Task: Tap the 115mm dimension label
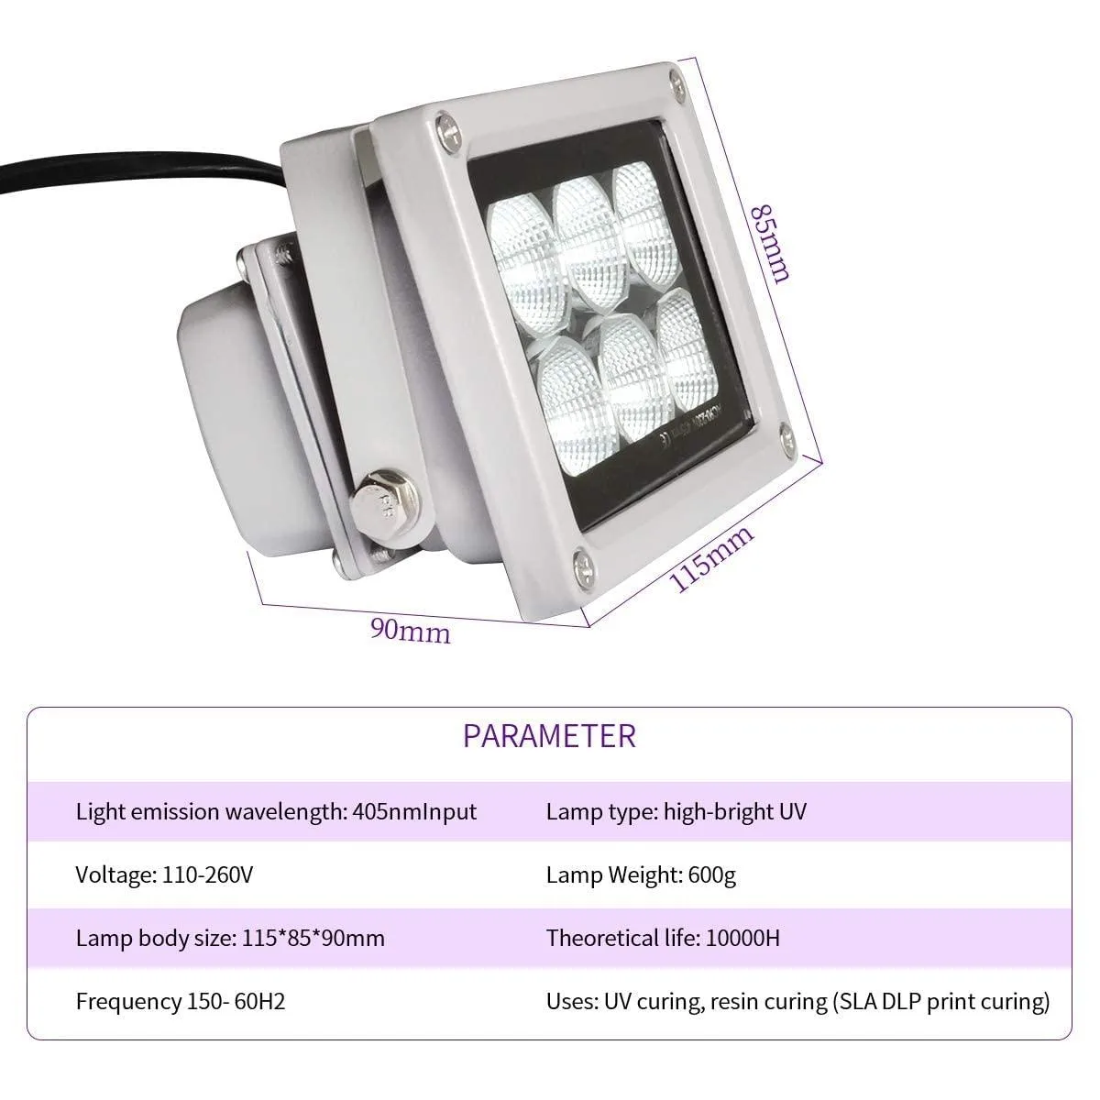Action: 711,559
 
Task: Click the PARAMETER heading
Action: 549,736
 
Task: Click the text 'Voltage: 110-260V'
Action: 164,874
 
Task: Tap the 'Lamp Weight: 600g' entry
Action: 641,874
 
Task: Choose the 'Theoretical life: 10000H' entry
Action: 663,938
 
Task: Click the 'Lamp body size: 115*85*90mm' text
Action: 230,939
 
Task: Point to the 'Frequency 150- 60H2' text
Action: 181,1001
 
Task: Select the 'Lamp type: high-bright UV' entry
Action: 676,812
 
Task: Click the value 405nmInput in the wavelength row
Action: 414,812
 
